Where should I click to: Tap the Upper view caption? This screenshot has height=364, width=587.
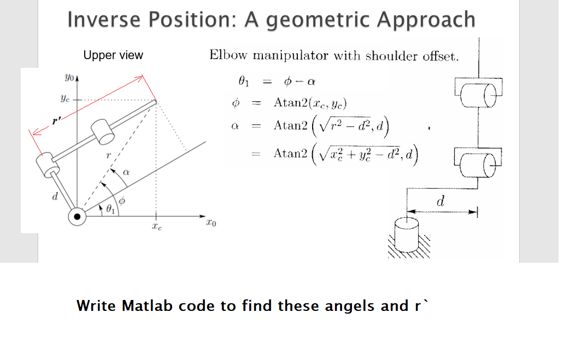(x=113, y=55)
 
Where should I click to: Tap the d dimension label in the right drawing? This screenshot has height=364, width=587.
(x=441, y=202)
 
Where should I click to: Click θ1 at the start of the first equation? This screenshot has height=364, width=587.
(x=244, y=82)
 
